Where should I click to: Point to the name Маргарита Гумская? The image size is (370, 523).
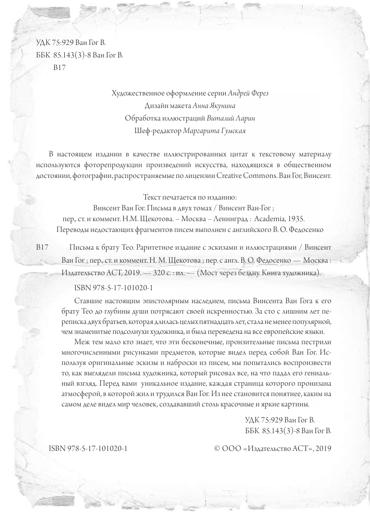click(x=215, y=130)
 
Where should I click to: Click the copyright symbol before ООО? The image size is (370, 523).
click(x=217, y=449)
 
